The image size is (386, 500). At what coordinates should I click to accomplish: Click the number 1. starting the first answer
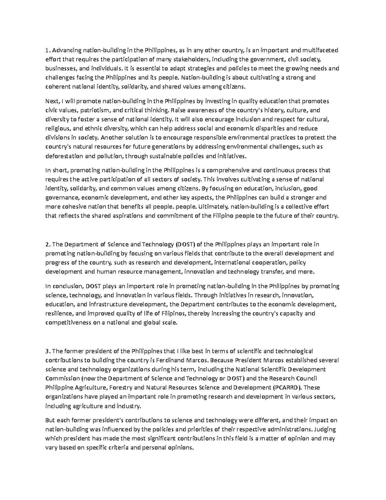pyautogui.click(x=48, y=50)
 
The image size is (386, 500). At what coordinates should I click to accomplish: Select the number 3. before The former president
pyautogui.click(x=48, y=351)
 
